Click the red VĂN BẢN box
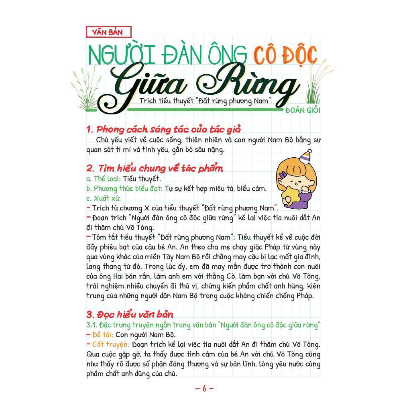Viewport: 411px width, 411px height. click(108, 32)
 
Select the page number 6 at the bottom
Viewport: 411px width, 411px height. click(204, 388)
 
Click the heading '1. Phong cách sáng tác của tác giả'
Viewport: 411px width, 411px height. click(163, 129)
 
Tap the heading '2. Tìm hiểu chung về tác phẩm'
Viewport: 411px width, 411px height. click(155, 168)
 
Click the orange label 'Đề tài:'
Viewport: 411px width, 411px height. click(103, 334)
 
